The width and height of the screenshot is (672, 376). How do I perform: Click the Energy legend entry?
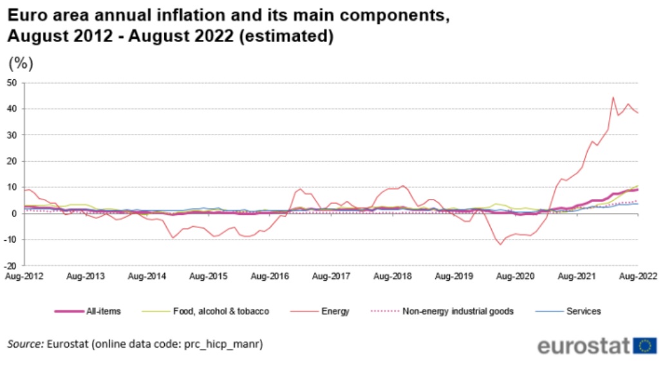pos(335,311)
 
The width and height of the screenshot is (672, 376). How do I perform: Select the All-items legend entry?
pos(103,311)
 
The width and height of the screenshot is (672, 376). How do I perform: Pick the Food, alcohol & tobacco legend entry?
pos(221,311)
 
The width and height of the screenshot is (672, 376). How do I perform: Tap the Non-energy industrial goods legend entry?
pos(458,311)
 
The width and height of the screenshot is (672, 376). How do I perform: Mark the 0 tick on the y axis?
pos(15,213)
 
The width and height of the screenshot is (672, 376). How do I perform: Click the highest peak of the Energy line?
pos(613,98)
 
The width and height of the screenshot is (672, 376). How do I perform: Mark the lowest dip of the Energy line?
pos(500,245)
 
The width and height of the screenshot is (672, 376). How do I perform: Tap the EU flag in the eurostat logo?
pos(644,346)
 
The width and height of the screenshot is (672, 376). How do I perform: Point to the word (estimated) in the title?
pos(286,37)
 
